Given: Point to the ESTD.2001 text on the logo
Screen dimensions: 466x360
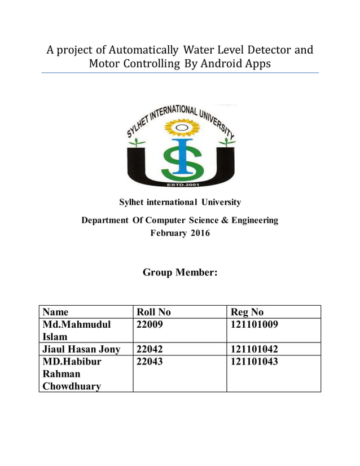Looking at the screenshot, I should (x=180, y=184).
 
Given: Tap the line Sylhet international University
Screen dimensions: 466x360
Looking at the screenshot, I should (x=180, y=202).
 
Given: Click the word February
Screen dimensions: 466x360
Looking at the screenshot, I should (x=168, y=233).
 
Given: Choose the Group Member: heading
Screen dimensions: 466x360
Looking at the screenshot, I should (x=180, y=272).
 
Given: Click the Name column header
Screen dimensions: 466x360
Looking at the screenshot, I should (x=55, y=312).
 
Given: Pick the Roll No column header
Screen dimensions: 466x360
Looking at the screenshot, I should (x=153, y=312).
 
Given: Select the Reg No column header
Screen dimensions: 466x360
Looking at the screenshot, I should (x=247, y=312).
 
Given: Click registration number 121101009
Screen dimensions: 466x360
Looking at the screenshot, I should (x=254, y=324).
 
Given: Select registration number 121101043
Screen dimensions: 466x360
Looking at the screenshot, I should (x=254, y=362).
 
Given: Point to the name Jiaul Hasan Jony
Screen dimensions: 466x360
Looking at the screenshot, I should (x=81, y=349).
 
